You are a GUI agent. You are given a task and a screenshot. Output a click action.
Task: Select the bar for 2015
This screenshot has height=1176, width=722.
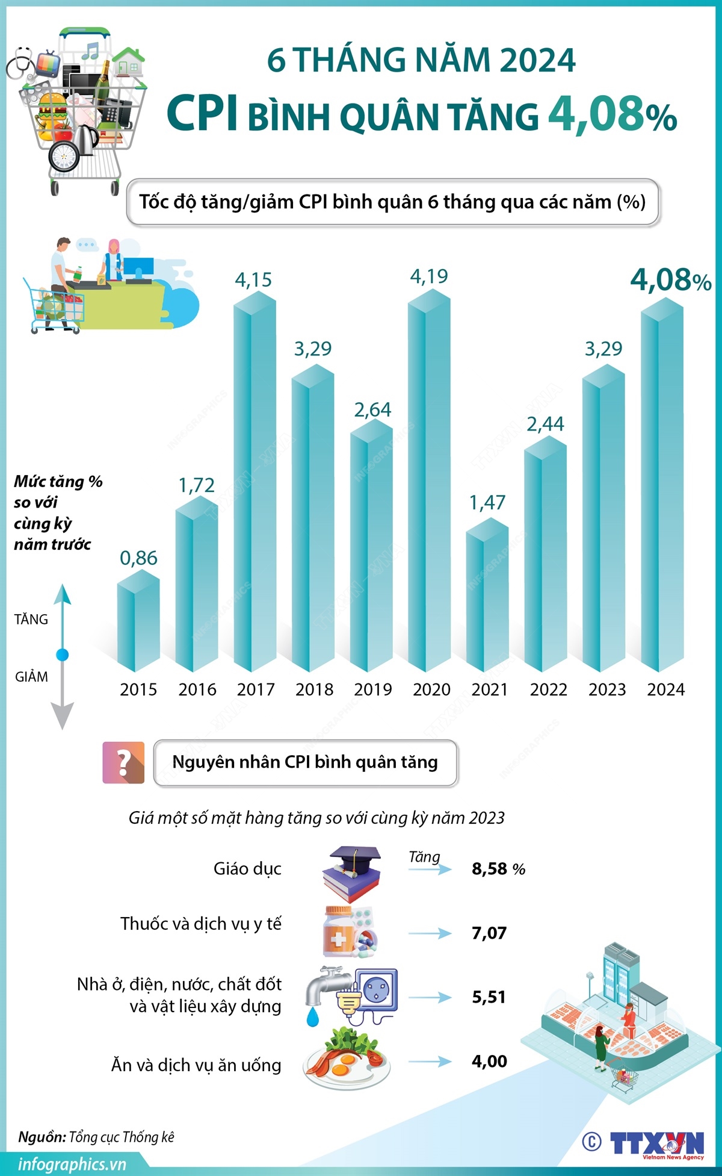pos(138,623)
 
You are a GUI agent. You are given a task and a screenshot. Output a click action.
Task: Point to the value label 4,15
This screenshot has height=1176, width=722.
pos(253,279)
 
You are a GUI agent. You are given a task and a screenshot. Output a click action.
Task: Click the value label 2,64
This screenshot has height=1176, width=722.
pos(372,410)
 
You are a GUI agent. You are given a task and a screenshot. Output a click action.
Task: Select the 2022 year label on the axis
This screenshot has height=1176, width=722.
pos(548,689)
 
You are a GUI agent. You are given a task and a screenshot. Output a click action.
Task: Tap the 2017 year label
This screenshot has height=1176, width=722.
pos(256,689)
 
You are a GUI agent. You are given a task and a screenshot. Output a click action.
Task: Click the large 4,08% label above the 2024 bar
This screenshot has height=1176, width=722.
pos(670,280)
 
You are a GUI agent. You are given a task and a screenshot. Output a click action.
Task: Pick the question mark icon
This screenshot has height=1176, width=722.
pos(123,762)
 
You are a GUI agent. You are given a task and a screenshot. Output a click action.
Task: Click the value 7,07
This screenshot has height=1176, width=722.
pos(489,933)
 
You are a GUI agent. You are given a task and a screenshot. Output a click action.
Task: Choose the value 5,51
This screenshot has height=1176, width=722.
pos(489,997)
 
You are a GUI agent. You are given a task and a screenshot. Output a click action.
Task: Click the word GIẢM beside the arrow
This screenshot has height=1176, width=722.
pos(31,677)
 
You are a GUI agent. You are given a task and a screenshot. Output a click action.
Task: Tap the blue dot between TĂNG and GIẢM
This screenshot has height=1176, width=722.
pos(62,655)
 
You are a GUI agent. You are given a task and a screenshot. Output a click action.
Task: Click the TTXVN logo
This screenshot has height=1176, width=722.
pos(656,1143)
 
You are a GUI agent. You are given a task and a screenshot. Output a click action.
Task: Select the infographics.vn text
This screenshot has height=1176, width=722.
pos(72,1164)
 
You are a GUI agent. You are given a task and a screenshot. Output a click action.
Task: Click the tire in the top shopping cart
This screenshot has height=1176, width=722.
pos(63,157)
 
